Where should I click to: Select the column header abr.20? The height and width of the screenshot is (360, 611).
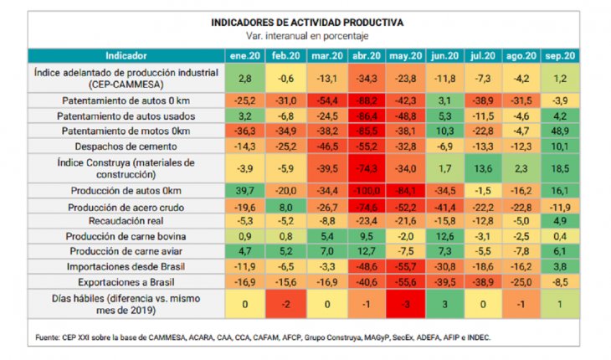[x=366, y=55]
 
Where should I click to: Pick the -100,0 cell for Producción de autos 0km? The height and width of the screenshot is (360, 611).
[x=366, y=191]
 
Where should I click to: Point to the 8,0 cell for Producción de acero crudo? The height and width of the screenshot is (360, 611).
[x=285, y=206]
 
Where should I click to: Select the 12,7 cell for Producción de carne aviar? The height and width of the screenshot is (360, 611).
[x=366, y=251]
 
